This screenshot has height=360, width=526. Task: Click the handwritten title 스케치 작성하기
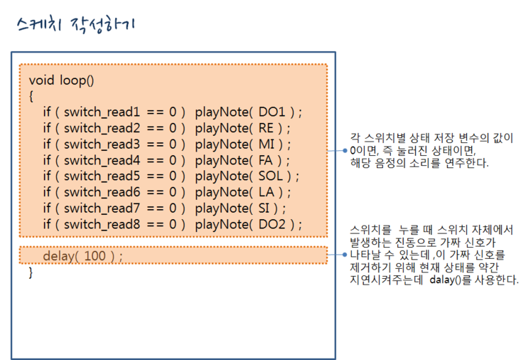pyautogui.click(x=76, y=24)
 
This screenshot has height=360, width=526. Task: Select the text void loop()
pyautogui.click(x=61, y=80)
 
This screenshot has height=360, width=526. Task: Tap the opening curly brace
pyautogui.click(x=31, y=96)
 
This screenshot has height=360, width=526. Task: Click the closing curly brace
pyautogui.click(x=31, y=272)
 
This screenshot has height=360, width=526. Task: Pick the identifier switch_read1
pyautogui.click(x=102, y=112)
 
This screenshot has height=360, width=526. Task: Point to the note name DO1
pyautogui.click(x=272, y=112)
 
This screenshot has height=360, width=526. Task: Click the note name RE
pyautogui.click(x=266, y=128)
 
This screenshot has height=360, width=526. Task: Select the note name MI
pyautogui.click(x=267, y=144)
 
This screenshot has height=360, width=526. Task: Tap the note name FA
pyautogui.click(x=265, y=160)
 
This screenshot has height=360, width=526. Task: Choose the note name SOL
pyautogui.click(x=270, y=176)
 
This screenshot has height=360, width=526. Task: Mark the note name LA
pyautogui.click(x=267, y=192)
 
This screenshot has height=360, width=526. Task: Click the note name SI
pyautogui.click(x=264, y=208)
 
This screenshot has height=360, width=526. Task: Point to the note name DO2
pyautogui.click(x=272, y=224)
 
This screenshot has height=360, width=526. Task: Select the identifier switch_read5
pyautogui.click(x=102, y=176)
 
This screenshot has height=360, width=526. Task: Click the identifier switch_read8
pyautogui.click(x=102, y=224)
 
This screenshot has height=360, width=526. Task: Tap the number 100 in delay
pyautogui.click(x=95, y=256)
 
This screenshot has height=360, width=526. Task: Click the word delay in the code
pyautogui.click(x=59, y=256)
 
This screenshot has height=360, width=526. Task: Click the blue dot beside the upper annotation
pyautogui.click(x=345, y=151)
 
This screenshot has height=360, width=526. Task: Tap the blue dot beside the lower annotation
pyautogui.click(x=345, y=255)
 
